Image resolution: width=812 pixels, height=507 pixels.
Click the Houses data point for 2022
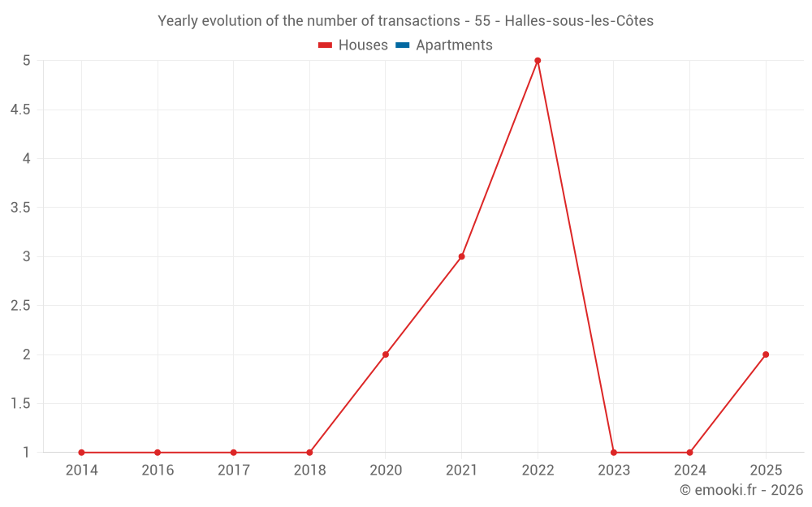(538, 61)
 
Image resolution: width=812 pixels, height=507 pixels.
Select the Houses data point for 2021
(461, 256)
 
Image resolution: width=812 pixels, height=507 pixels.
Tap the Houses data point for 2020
(386, 354)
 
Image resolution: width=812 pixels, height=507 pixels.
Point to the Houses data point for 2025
(766, 354)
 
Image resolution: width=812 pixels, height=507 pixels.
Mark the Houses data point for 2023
(614, 453)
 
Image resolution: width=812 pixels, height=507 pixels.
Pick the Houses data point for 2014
(81, 453)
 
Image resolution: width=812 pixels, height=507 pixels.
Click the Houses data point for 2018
(309, 453)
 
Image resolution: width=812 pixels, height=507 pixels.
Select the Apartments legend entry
(454, 45)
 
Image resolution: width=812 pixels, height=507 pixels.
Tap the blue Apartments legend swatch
(402, 45)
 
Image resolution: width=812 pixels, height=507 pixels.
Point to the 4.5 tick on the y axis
(20, 110)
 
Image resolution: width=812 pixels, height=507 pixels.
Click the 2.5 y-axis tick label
(20, 306)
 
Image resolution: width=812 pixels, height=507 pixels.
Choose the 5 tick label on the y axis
(27, 61)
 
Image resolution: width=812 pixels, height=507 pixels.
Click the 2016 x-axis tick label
(158, 470)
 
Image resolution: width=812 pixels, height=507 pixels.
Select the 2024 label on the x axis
(689, 470)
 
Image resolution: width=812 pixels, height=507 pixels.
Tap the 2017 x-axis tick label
(233, 470)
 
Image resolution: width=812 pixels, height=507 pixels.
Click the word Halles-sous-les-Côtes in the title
(579, 21)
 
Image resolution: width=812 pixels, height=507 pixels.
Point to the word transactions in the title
(420, 21)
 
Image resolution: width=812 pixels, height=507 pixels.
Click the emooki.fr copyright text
(741, 490)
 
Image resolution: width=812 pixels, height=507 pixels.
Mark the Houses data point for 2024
(689, 453)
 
